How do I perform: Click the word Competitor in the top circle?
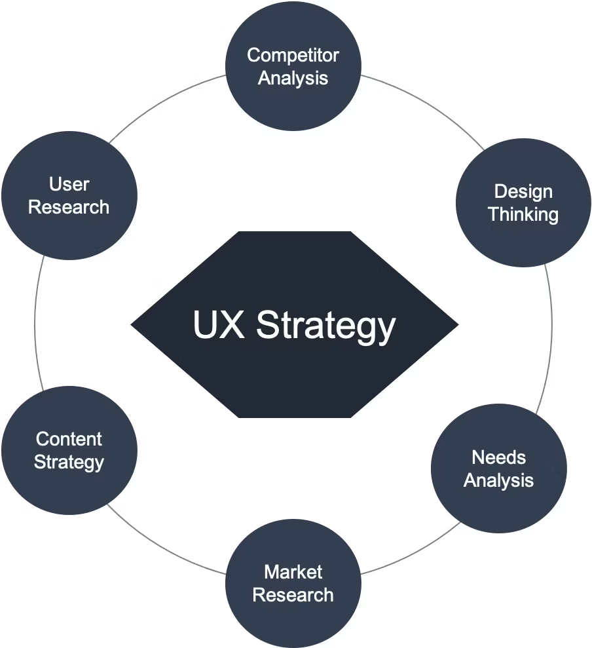pos(293,55)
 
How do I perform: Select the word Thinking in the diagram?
pos(523,214)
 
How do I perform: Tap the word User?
pos(69,184)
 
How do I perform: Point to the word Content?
pos(69,438)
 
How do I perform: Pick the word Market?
pos(293,572)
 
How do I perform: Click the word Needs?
pos(498,457)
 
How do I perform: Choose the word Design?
pos(523,191)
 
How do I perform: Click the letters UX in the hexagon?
pos(219,325)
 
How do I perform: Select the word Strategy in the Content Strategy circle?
pos(69,462)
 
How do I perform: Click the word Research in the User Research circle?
pos(69,207)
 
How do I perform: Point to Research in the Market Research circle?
pos(293,595)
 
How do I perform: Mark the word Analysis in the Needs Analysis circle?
pos(498,480)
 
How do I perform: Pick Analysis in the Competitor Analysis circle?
pos(293,78)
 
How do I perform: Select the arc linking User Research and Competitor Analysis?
pos(164,98)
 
